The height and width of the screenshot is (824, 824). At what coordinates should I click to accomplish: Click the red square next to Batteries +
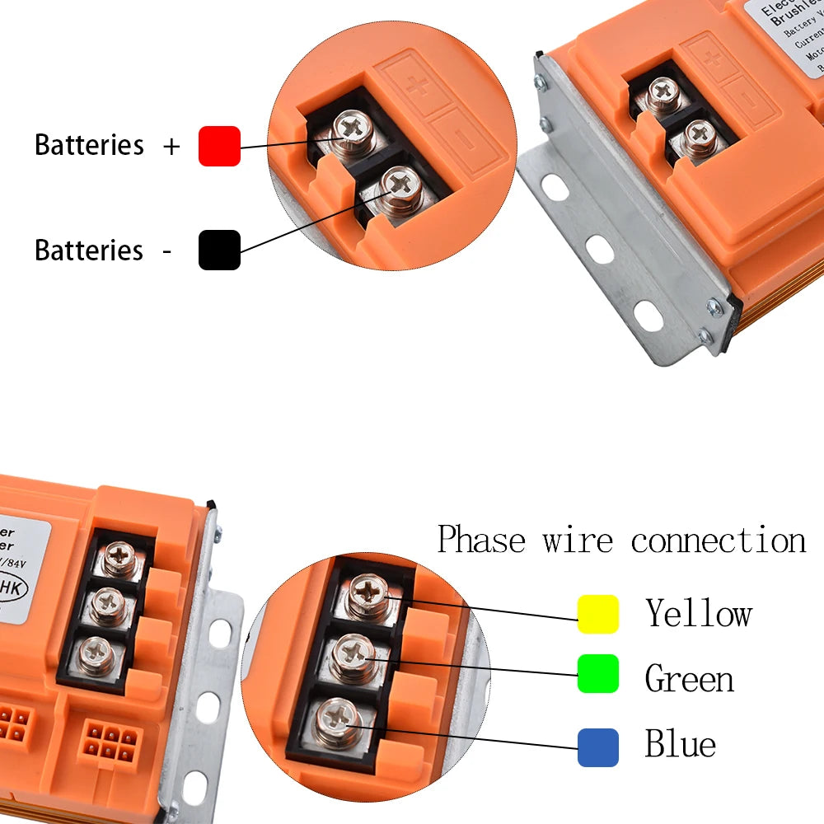point(219,146)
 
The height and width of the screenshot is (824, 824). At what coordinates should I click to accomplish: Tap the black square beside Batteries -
point(219,250)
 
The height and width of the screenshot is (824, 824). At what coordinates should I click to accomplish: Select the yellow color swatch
point(598,614)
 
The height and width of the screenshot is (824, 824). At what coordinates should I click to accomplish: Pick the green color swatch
point(598,674)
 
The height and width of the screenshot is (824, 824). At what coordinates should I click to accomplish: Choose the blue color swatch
point(598,747)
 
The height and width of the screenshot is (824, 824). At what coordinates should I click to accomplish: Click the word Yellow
point(699,614)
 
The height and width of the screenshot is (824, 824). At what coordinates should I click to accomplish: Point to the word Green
point(689,679)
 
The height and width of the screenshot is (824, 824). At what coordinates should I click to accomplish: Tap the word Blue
point(680,744)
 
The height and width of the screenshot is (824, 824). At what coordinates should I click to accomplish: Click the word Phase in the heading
point(481,541)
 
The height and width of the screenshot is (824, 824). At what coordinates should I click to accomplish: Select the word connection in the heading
point(719,541)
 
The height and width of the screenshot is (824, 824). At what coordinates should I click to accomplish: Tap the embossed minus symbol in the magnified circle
point(466,142)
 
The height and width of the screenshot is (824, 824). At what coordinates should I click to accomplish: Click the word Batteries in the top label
point(89,145)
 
